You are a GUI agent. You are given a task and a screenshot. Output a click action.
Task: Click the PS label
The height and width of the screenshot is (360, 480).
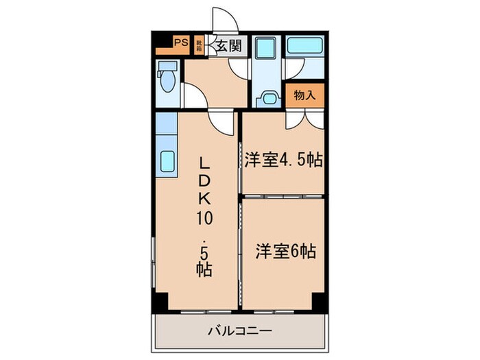pos(181,43)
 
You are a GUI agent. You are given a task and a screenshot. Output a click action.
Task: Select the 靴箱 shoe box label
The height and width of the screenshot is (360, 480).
pos(199,45)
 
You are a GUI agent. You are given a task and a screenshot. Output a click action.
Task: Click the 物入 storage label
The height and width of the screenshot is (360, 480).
pos(304,95)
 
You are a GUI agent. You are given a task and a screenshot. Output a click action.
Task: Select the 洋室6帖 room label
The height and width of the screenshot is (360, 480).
pos(286,251)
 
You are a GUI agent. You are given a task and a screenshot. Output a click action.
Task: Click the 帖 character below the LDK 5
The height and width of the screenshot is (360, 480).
pos(204,268)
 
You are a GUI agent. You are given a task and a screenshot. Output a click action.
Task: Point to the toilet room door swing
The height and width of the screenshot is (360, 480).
pos(193,97)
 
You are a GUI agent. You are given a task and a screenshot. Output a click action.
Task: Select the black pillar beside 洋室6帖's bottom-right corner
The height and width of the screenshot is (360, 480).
pos(318,300)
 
